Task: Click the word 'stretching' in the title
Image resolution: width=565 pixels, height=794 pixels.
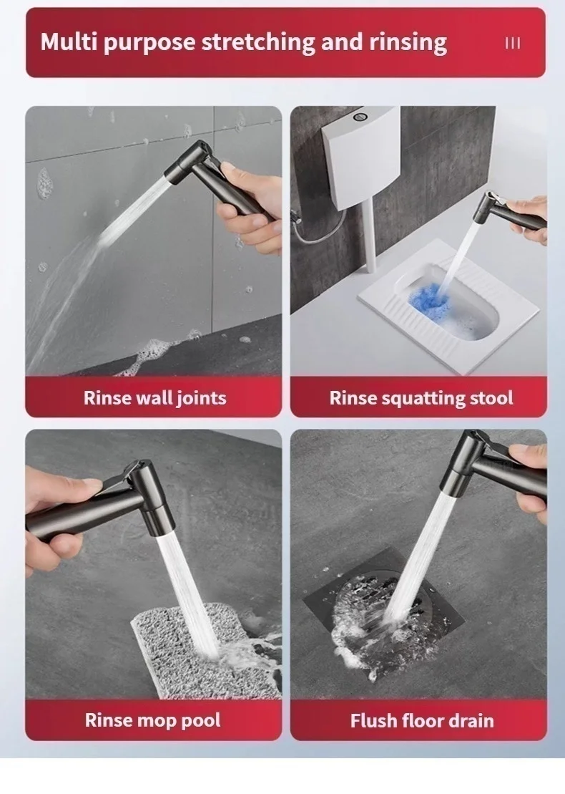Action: point(258,42)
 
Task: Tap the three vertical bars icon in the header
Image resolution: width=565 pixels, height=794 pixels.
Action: point(513,43)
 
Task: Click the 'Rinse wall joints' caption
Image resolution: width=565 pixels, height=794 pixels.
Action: point(154,397)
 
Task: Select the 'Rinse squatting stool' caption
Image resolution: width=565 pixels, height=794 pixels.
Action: point(421,397)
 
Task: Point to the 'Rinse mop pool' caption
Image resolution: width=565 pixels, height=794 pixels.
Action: point(152,720)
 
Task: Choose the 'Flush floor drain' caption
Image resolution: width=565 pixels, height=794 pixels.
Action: point(421,720)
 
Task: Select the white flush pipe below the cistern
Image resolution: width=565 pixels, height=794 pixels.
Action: point(370,236)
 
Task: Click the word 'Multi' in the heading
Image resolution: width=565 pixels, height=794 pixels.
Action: point(69,42)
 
